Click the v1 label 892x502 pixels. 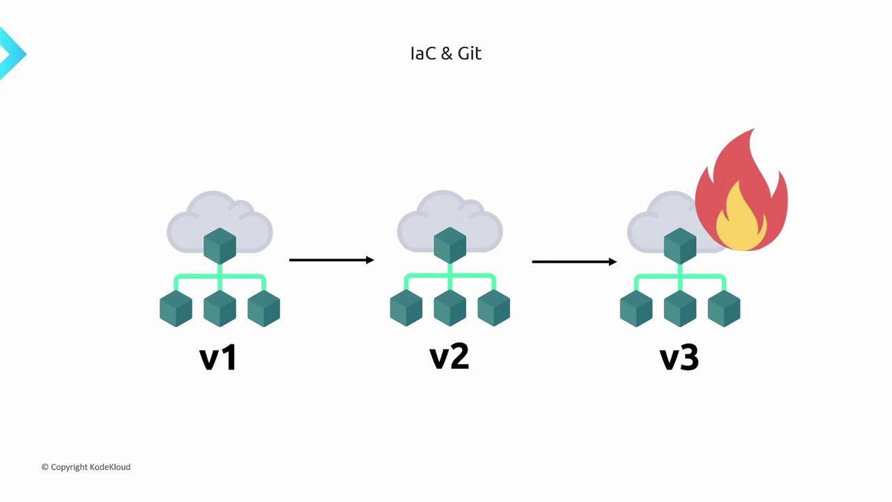tap(218, 358)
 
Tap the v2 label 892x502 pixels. tap(449, 356)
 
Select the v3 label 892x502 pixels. tap(679, 358)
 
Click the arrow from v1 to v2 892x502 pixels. tap(332, 260)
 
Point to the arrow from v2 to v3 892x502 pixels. tap(574, 261)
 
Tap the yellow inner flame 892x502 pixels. tap(741, 220)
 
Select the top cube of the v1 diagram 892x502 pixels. tap(220, 246)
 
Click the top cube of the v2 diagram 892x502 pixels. tap(449, 246)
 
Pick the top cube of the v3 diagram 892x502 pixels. tap(679, 246)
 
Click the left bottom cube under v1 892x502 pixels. tap(176, 308)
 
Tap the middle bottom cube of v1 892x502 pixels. tap(220, 308)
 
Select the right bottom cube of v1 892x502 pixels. tap(263, 308)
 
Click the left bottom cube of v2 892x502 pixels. tap(406, 308)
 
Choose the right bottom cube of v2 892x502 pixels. tap(493, 308)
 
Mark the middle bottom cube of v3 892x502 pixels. tap(679, 308)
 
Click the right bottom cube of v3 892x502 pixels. tap(723, 308)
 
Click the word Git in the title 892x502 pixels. tap(469, 54)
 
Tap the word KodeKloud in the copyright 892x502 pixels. tap(110, 467)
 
